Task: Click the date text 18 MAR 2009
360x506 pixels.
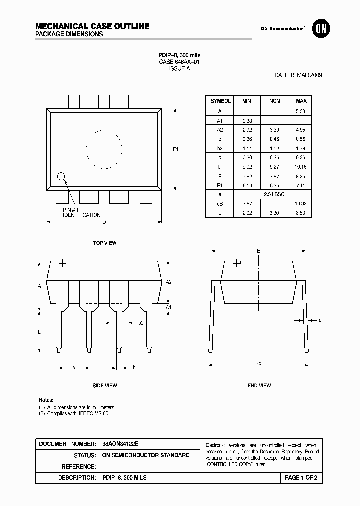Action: coord(298,75)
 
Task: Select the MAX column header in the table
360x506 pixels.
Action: coord(301,101)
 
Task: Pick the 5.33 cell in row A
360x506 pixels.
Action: coord(301,111)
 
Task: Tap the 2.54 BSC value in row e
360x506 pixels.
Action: coord(274,194)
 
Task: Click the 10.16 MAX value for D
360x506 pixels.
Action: coord(301,167)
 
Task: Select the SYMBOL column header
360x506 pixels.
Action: coord(220,101)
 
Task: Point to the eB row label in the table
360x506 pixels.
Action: coord(220,203)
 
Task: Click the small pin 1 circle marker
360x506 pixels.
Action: coord(61,176)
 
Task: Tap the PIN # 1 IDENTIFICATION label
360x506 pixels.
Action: coord(81,212)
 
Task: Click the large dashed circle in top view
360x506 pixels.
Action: coord(104,149)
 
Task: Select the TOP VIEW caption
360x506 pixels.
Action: coord(105,243)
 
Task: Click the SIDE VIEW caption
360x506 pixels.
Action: coord(105,385)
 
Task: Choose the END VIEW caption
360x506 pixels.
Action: coord(259,385)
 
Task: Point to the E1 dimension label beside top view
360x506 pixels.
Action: coord(175,149)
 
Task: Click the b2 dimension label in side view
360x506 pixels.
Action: coord(141,323)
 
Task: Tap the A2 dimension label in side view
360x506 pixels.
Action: coord(169,282)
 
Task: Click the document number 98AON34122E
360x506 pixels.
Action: coord(121,444)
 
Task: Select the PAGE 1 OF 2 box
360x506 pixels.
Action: coord(301,478)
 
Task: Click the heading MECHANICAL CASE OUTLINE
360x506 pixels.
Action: coord(92,26)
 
